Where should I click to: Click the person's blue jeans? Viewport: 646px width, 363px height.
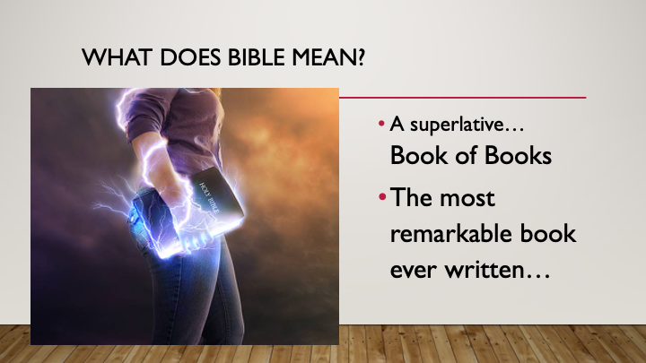point(215,287)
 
